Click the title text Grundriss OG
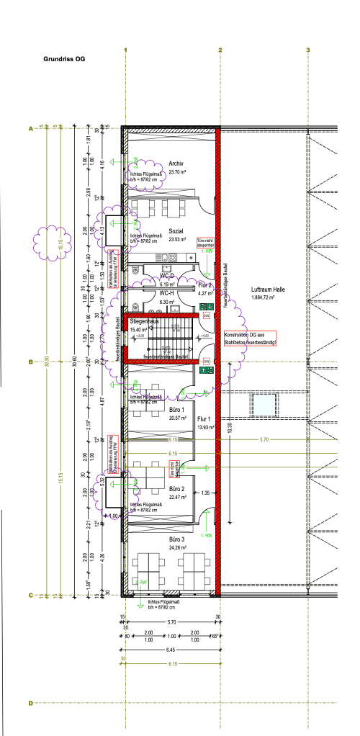pyautogui.click(x=64, y=60)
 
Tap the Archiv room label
pyautogui.click(x=176, y=163)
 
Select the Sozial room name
pyautogui.click(x=176, y=231)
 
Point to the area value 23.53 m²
pyautogui.click(x=177, y=239)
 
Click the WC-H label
pyautogui.click(x=166, y=293)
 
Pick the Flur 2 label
pyautogui.click(x=205, y=286)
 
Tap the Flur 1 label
pyautogui.click(x=205, y=418)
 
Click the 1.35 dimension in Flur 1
pyautogui.click(x=204, y=494)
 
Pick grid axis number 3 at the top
pyautogui.click(x=307, y=50)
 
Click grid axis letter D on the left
pyautogui.click(x=30, y=704)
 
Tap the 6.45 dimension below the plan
pyautogui.click(x=171, y=650)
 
